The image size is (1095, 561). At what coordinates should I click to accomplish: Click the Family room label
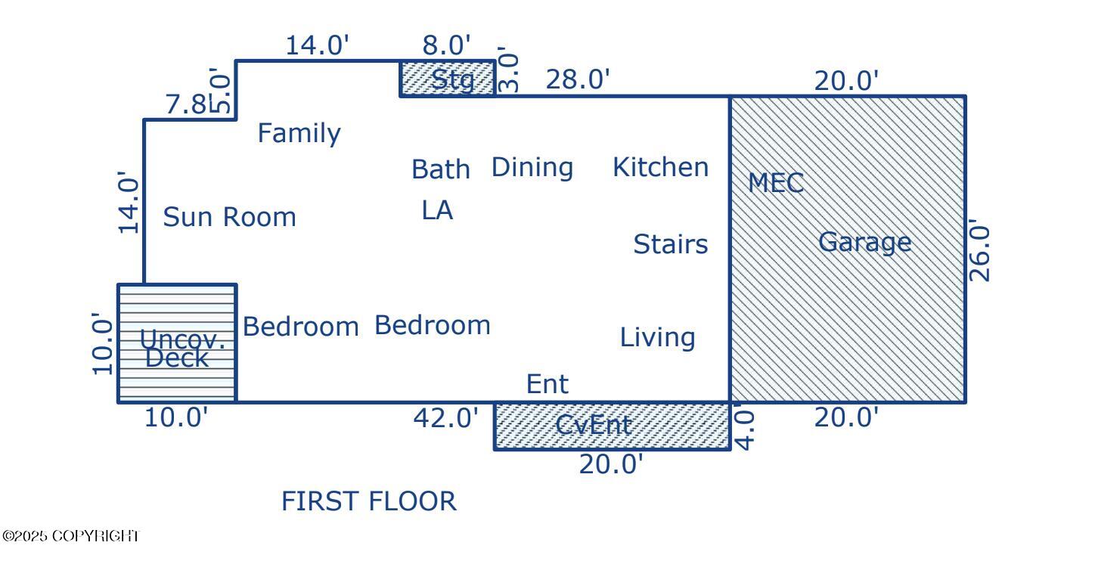click(x=299, y=133)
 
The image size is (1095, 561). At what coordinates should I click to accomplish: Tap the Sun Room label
click(x=229, y=217)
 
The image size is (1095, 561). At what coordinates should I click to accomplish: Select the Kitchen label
click(x=660, y=167)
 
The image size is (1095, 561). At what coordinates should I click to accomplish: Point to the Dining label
click(x=532, y=167)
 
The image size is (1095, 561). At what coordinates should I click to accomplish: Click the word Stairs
click(x=670, y=244)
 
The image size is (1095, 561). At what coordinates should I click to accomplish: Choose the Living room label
click(x=657, y=337)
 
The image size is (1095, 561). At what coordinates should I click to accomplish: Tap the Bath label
click(x=440, y=169)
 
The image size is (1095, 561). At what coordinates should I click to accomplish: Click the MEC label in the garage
click(x=775, y=183)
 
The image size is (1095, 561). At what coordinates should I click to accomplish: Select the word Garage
click(x=864, y=242)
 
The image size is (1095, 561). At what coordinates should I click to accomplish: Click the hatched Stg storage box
click(x=448, y=79)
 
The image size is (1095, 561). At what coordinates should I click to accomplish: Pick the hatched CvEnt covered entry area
click(x=611, y=426)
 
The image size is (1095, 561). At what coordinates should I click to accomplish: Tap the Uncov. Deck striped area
click(x=177, y=344)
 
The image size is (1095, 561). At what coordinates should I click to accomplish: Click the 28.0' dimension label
click(x=577, y=79)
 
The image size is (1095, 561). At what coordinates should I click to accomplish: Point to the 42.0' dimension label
click(x=445, y=418)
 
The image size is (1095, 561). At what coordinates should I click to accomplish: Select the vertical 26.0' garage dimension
click(x=979, y=251)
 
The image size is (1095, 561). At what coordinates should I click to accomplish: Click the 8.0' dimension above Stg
click(x=446, y=45)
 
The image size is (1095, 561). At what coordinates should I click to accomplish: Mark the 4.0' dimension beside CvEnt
click(x=745, y=429)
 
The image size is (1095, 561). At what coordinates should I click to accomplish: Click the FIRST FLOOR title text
click(x=368, y=501)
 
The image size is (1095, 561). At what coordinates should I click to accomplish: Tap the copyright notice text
click(x=71, y=536)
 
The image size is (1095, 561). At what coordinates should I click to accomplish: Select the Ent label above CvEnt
click(x=547, y=384)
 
